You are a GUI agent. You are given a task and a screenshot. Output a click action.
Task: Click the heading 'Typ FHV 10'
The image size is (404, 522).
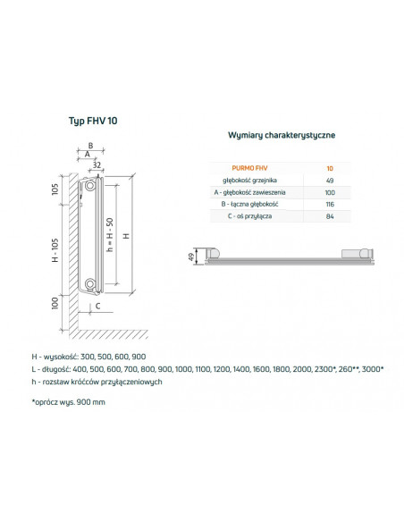92,121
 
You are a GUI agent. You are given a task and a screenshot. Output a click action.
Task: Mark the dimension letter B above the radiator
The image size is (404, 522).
89,145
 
